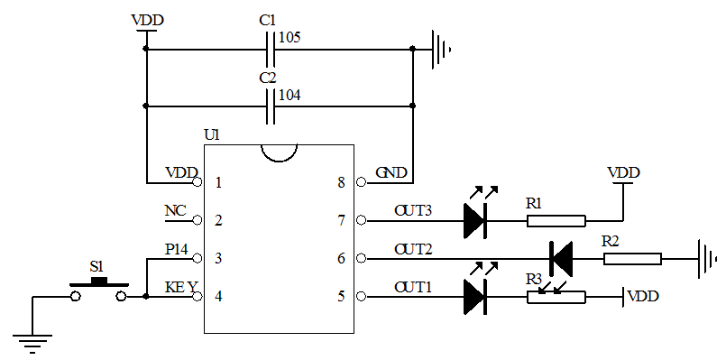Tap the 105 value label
pos(290,37)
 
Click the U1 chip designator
pos(212,134)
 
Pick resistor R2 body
pos(632,259)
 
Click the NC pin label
pos(175,211)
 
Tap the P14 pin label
pos(178,249)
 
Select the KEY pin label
pos(180,288)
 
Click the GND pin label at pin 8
pos(391,172)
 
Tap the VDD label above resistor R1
pos(623,171)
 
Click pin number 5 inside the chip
pos(341,296)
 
